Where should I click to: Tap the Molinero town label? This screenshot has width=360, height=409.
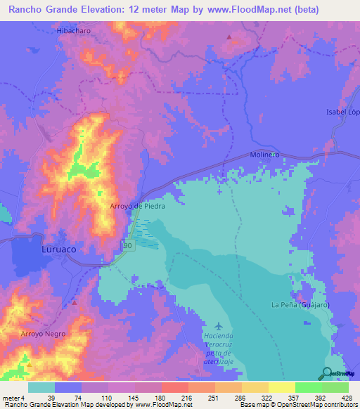[x=265, y=155]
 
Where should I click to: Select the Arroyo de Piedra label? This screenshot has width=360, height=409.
[x=138, y=206]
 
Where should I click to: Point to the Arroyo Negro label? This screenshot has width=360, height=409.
[x=43, y=333]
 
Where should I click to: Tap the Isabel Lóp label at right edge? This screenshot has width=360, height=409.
[x=343, y=112]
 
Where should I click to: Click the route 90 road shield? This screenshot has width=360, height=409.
[x=127, y=246]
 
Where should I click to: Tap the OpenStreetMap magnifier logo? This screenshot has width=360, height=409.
[x=328, y=374]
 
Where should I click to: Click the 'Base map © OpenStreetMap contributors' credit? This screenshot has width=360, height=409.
[x=297, y=405]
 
